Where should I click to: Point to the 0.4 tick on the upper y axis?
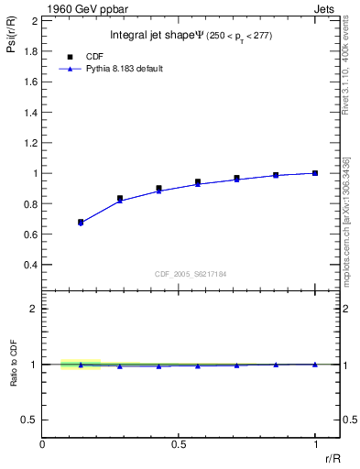30,265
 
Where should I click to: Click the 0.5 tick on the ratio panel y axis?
30,420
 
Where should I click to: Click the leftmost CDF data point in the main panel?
81,222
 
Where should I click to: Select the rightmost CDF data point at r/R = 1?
315,173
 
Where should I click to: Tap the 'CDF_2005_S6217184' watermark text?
191,274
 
